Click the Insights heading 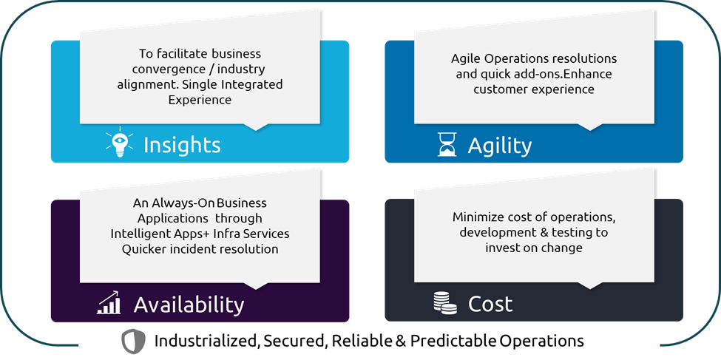182,145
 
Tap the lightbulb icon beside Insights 119,144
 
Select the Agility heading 499,145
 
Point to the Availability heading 189,304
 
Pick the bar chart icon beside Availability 109,302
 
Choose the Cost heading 490,304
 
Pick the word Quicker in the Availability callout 147,249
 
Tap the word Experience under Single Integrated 200,100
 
